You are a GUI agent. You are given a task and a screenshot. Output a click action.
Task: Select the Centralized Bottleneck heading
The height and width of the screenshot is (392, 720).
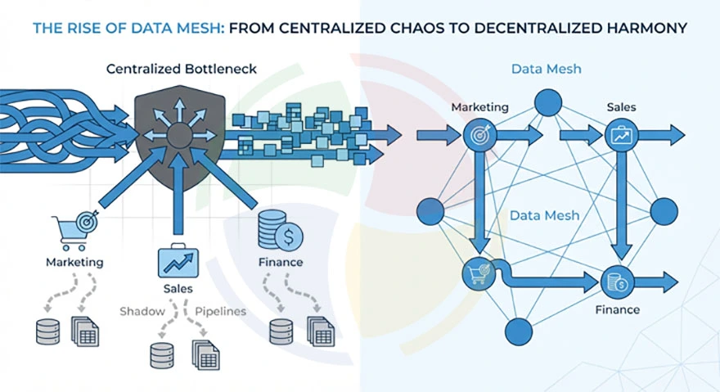pos(181,69)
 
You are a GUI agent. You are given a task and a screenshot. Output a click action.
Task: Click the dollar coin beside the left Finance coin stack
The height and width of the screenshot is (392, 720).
pos(289,237)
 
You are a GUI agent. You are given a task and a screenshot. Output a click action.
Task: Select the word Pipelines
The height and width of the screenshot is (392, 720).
pos(221,311)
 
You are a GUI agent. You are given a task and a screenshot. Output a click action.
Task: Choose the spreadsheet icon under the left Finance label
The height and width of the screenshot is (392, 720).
pos(321,331)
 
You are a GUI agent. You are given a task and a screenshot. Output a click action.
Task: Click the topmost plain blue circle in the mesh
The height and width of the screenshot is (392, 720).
pos(548,101)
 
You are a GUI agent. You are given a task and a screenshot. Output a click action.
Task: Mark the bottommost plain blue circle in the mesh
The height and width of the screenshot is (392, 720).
pos(519,331)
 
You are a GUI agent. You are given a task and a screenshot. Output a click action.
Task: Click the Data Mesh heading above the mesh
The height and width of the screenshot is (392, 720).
pos(546,69)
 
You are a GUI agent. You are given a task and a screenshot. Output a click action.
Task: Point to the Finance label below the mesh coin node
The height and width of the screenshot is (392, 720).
pos(618,309)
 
